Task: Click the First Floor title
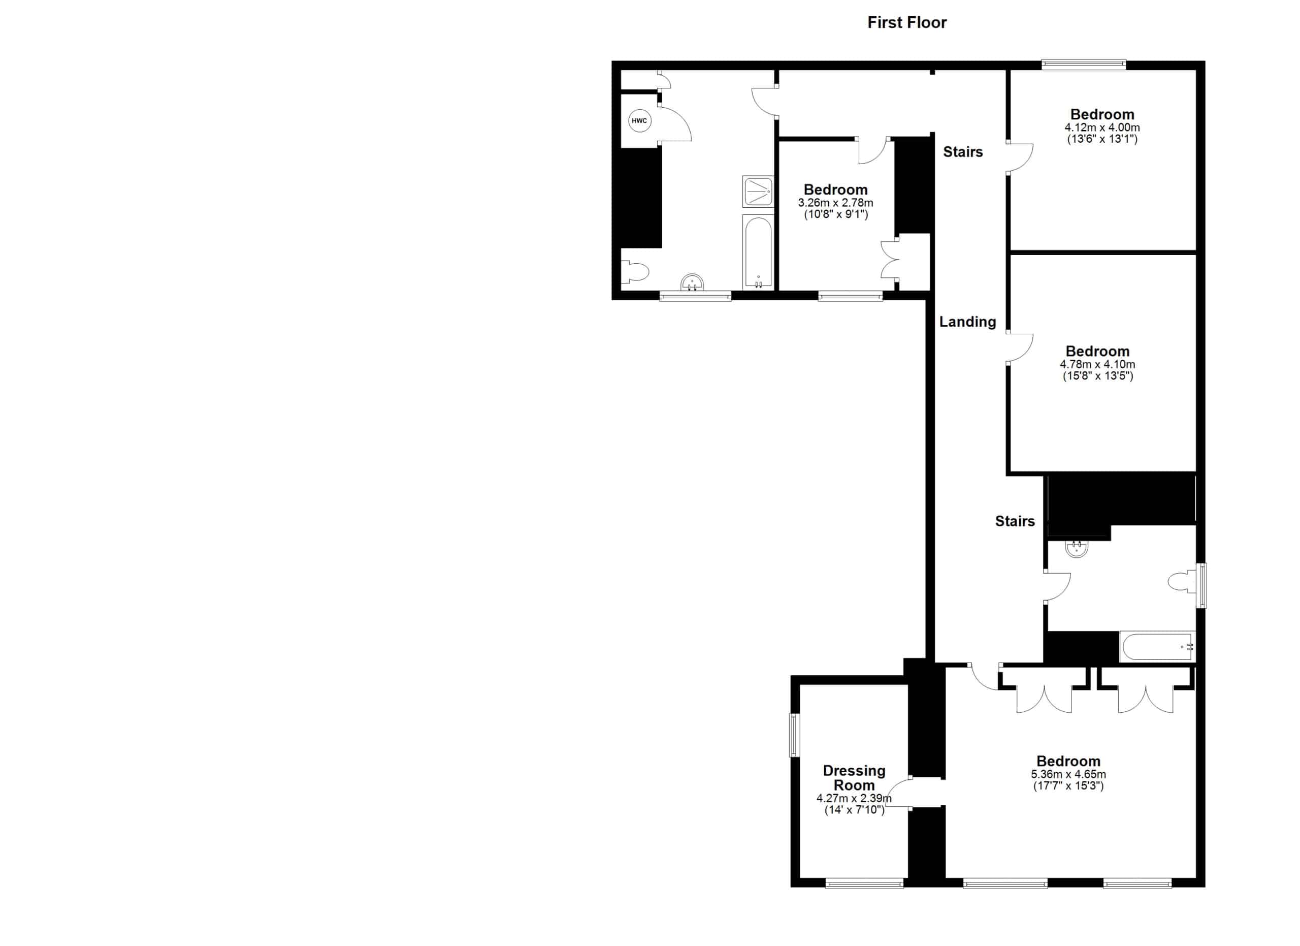[907, 22]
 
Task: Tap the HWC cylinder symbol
[639, 120]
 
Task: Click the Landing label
[967, 322]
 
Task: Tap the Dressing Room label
[854, 778]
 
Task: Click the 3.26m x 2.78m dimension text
[836, 202]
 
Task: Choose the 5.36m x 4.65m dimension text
[1068, 774]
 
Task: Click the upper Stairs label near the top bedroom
[963, 152]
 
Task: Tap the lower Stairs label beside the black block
[1015, 521]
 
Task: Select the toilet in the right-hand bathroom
[1182, 581]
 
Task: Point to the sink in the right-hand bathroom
[1077, 549]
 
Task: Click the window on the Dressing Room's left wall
[794, 735]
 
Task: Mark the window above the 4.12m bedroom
[1084, 65]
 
